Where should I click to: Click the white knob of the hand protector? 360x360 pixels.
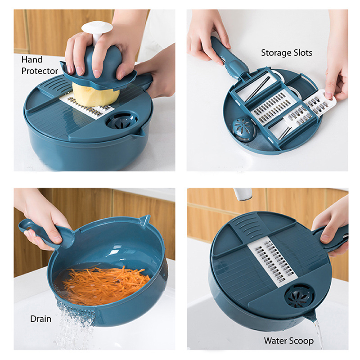point(97,29)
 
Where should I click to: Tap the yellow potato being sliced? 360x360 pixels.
point(95,96)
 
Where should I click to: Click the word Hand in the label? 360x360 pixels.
point(32,60)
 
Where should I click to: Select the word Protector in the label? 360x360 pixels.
point(40,71)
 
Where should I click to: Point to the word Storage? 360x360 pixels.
point(276,53)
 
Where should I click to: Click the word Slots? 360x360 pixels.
point(303,53)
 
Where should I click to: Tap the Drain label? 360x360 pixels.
point(41,319)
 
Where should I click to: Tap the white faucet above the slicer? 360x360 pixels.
point(243,194)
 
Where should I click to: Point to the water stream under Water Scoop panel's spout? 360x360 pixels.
point(319,333)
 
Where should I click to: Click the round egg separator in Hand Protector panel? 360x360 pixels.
point(122,121)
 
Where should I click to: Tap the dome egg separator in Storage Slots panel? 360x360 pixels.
point(244,130)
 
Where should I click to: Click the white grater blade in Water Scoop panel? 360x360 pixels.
point(273,261)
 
